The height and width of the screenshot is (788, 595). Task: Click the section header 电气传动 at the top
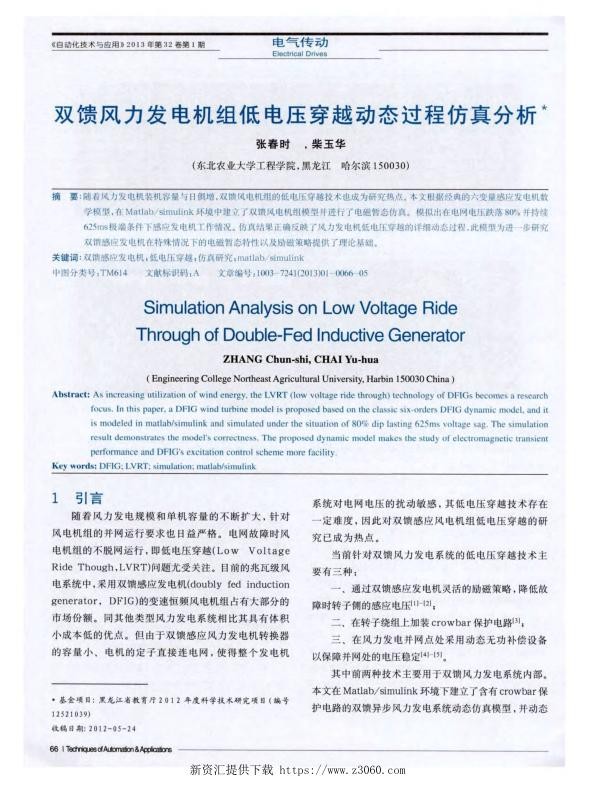(x=300, y=43)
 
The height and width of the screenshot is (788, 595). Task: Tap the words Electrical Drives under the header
(x=300, y=54)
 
